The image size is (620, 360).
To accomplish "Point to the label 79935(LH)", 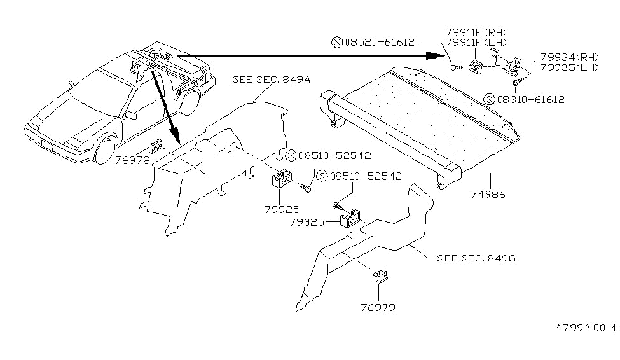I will [x=569, y=67].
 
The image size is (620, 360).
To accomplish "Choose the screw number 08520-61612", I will [x=379, y=43].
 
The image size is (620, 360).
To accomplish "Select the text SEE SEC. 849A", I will [x=263, y=80].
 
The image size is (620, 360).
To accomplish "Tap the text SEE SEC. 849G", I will [x=471, y=258].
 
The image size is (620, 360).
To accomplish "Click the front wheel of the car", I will [x=102, y=152].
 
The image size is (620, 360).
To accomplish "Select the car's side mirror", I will [x=131, y=116].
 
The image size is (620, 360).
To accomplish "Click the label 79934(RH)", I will [x=569, y=56].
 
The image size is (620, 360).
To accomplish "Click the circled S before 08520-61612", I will [x=336, y=43].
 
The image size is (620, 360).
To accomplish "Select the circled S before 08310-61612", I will [x=488, y=99].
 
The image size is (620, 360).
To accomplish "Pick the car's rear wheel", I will [x=189, y=103].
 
